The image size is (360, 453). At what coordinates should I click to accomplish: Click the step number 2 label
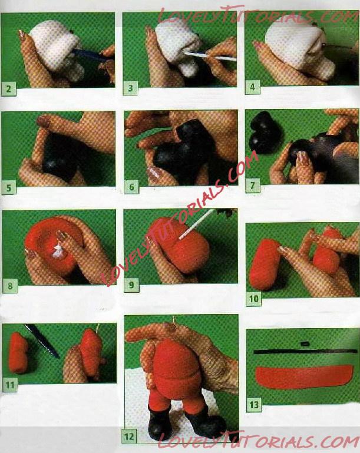point(9,88)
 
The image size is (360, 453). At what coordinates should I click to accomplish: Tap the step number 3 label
point(130,88)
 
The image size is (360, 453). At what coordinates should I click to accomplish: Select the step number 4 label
point(252,87)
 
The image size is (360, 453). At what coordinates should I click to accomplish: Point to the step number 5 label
point(9,188)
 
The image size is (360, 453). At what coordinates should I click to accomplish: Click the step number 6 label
point(131,187)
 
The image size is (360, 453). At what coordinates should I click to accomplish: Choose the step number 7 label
point(253,186)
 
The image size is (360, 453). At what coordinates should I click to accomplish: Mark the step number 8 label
point(10,286)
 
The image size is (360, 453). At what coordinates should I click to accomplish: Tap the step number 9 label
point(131,285)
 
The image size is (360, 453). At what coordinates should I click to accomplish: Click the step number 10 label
point(254,299)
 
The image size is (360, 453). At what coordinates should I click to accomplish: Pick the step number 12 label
point(129,437)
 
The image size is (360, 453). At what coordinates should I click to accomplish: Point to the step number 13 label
point(254,405)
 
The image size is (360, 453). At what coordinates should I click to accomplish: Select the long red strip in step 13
point(304,376)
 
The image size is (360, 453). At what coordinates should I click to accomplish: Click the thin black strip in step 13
point(305,352)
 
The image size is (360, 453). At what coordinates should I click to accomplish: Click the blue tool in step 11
point(42,341)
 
